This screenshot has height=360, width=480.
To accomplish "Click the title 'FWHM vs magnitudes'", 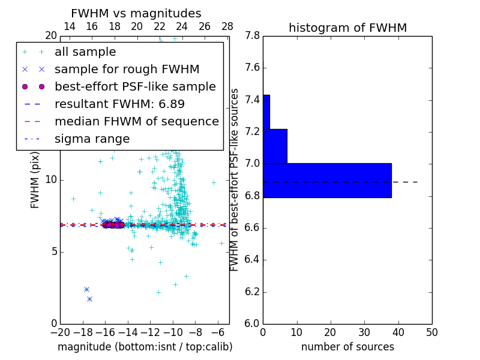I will (136, 13).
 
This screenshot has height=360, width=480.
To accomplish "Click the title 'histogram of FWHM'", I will (347, 28).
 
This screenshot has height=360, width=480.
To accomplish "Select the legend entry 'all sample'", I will (85, 52).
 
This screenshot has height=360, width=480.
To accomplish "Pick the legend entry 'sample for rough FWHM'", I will (127, 69).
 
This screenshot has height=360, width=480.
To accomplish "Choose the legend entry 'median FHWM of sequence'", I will (136, 121).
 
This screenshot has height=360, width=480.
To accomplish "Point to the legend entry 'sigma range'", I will (92, 139).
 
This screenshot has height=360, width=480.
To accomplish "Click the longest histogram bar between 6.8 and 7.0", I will (327, 180).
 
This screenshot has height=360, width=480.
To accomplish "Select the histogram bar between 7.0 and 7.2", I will (275, 146).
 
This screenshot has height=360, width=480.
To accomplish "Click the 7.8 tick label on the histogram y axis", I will (252, 36).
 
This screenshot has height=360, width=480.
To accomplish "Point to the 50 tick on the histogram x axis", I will (431, 332).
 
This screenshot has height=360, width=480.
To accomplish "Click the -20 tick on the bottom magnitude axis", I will (60, 332).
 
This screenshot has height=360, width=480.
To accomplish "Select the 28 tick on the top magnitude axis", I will (227, 26).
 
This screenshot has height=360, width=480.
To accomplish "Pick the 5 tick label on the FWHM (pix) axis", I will (52, 251).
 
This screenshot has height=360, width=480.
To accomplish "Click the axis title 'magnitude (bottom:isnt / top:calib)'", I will (145, 347).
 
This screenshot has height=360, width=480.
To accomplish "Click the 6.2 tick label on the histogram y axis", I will (252, 292).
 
